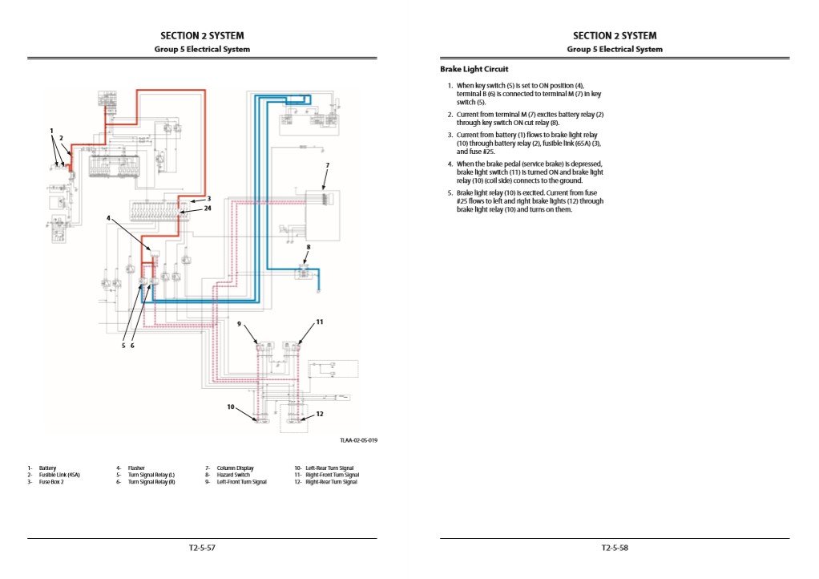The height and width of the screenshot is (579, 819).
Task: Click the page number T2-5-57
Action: tap(202, 548)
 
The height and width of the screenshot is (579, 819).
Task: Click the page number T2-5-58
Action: tap(615, 548)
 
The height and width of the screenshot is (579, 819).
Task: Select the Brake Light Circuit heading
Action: tap(474, 70)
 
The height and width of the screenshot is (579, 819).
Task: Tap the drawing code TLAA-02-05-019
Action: tap(358, 439)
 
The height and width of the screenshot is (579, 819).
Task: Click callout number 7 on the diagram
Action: tap(327, 164)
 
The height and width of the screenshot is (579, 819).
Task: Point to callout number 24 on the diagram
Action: tap(208, 209)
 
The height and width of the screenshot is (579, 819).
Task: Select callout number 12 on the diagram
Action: tap(319, 414)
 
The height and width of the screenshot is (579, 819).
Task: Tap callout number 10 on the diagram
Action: tap(230, 407)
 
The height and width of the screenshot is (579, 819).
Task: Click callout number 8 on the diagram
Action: tap(309, 247)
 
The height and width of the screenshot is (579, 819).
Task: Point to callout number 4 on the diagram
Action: tap(108, 217)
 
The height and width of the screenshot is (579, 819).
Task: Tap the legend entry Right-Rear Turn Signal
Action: tap(331, 482)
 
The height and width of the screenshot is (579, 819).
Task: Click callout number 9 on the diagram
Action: tap(238, 323)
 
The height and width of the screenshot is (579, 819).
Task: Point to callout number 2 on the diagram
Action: tap(61, 138)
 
